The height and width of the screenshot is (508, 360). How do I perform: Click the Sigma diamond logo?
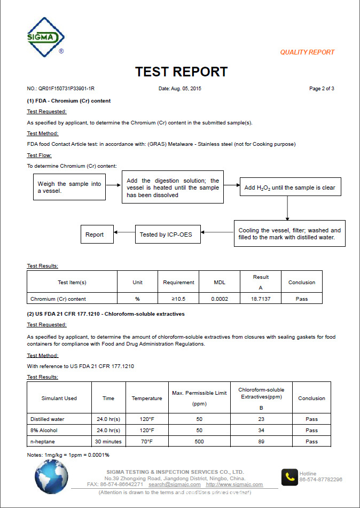pos(46,37)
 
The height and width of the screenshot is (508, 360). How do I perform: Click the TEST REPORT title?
pos(181,72)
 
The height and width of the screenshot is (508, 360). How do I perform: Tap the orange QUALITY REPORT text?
pos(307,52)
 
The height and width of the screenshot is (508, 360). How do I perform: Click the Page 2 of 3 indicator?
pos(322,88)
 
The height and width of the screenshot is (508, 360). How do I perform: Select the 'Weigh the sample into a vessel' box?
pos(69,187)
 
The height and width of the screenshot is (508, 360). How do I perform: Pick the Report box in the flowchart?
pos(95,235)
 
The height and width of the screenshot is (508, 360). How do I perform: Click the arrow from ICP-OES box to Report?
pos(124,232)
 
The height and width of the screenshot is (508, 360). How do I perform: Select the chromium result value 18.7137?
pos(261,299)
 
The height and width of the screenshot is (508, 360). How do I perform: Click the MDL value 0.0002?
pos(220,299)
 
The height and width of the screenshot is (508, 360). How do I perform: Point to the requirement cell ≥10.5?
pos(179,299)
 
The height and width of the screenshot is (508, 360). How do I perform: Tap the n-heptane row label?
pos(42,441)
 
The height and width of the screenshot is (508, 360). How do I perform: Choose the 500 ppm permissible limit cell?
pos(199,441)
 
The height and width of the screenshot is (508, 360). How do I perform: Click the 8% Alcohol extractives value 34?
pos(261,430)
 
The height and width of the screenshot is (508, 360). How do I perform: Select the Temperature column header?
pos(147,398)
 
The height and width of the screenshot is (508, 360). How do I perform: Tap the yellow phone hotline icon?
pos(290,476)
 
